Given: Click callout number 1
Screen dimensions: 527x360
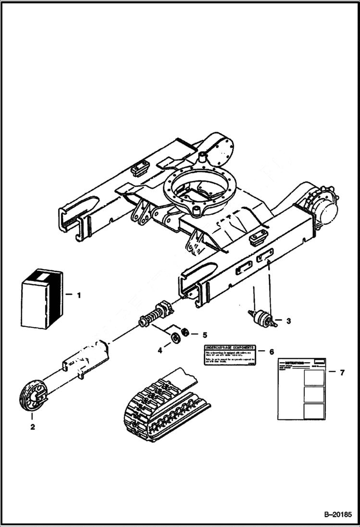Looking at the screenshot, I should tap(79, 295).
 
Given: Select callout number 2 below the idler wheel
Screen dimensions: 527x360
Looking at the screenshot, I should tap(32, 426).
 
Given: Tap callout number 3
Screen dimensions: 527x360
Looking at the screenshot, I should tap(288, 320).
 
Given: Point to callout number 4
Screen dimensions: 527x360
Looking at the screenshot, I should tap(160, 351).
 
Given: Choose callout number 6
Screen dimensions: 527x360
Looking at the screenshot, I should tap(272, 352).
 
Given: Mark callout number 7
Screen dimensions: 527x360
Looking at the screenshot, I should tap(342, 372).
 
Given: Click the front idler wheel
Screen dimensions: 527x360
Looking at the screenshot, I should tap(33, 395).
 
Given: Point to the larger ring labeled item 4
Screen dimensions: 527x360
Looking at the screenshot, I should tap(176, 338).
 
